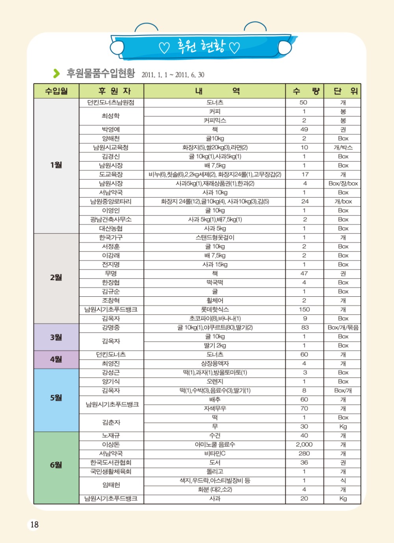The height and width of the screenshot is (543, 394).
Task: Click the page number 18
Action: tap(34, 524)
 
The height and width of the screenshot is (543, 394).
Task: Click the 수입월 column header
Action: tap(56, 91)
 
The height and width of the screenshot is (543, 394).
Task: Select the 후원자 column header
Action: tap(112, 91)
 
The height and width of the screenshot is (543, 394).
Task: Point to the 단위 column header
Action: tap(342, 91)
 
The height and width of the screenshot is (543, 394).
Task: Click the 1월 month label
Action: tap(56, 165)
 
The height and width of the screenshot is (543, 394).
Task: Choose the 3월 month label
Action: tap(56, 337)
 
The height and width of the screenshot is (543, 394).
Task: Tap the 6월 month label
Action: tap(56, 465)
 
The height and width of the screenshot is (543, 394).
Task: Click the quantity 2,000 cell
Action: tap(304, 444)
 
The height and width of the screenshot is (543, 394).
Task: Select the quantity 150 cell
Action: tap(304, 310)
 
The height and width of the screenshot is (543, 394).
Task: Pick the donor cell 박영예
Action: tap(111, 130)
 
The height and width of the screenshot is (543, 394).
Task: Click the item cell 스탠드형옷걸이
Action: tap(215, 238)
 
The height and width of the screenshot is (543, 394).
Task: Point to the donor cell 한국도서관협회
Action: tap(111, 463)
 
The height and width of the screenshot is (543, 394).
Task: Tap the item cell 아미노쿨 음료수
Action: tap(215, 444)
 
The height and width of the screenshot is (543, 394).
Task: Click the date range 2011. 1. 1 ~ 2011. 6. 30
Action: tap(173, 75)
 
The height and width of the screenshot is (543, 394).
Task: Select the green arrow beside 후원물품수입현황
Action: tap(57, 73)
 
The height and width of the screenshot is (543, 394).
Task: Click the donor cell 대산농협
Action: tap(111, 229)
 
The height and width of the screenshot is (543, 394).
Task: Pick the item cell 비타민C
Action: tap(215, 454)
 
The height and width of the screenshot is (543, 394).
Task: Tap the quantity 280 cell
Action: tap(304, 454)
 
